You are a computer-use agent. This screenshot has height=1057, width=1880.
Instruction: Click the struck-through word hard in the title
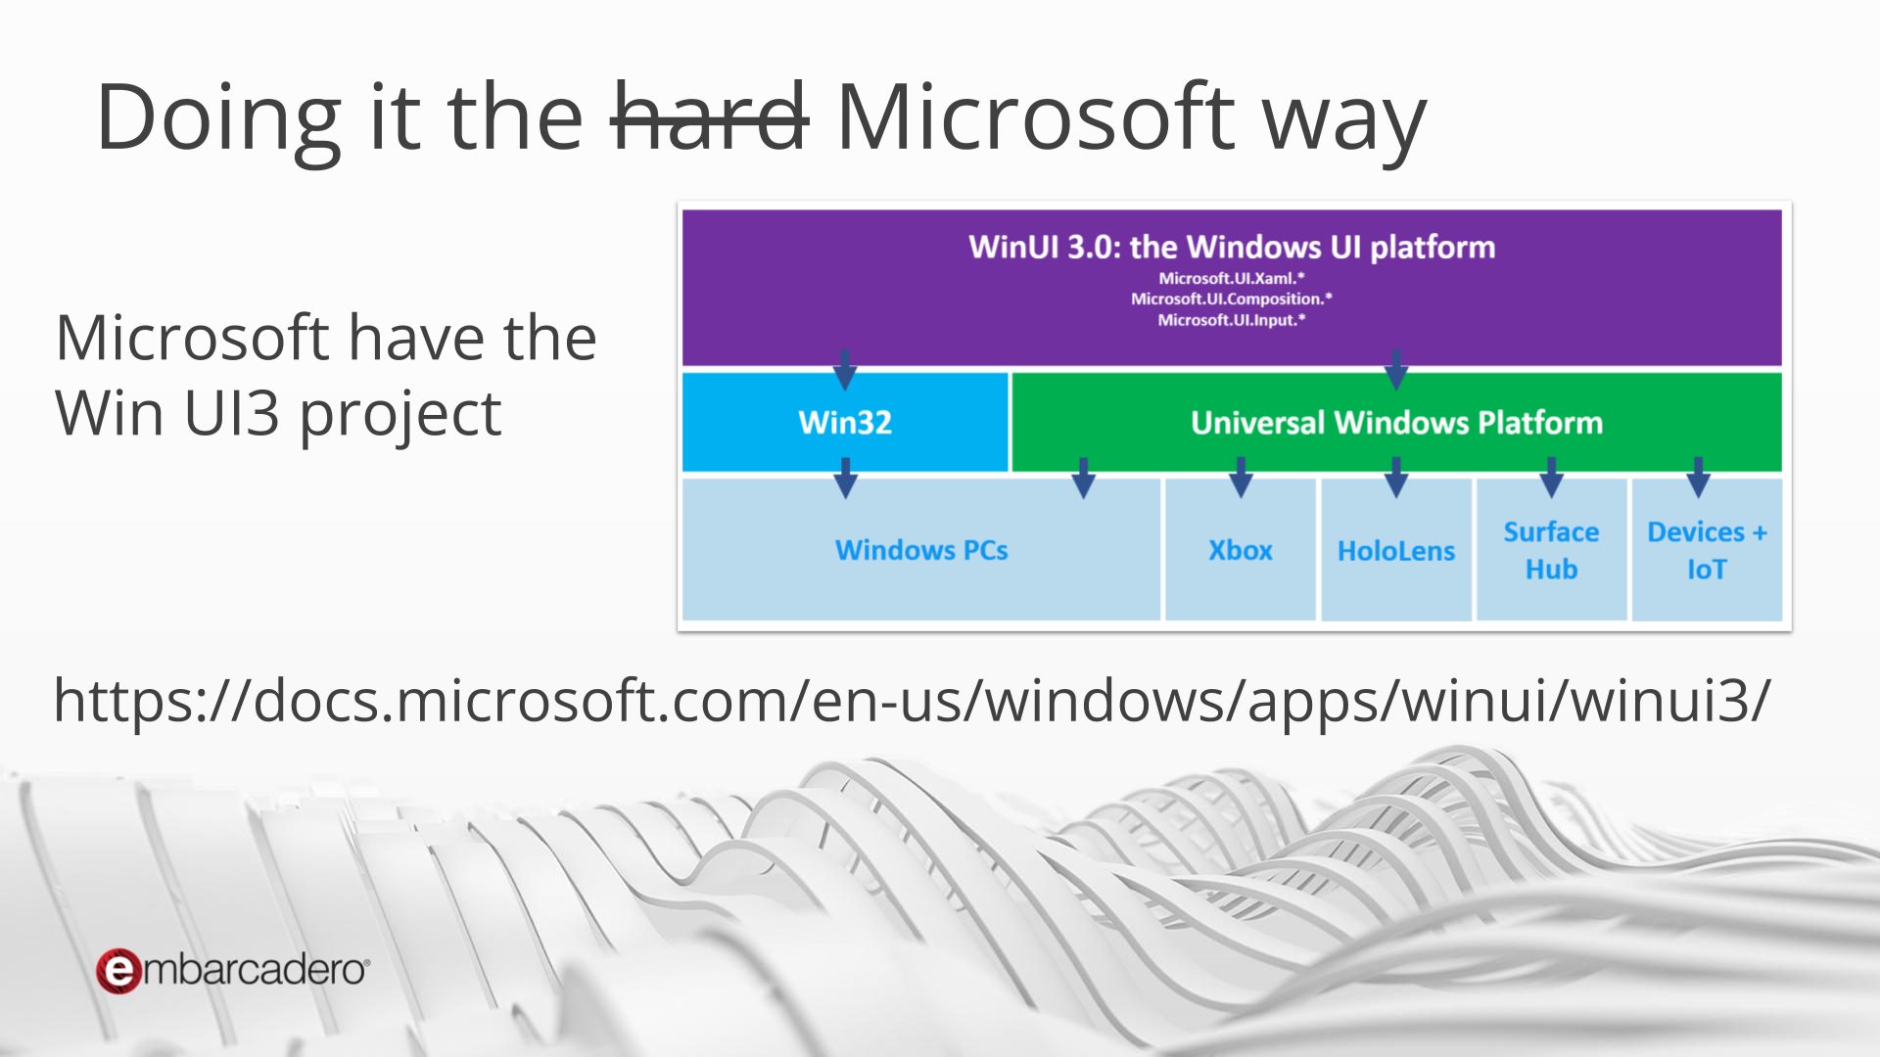click(709, 117)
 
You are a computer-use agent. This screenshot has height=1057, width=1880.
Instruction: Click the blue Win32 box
click(845, 422)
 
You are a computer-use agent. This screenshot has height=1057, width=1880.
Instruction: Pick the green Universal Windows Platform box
click(1396, 422)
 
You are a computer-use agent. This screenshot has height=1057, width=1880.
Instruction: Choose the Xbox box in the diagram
click(1241, 549)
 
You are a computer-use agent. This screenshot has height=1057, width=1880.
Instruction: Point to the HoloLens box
click(1396, 549)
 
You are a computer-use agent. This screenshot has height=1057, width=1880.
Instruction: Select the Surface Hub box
click(1551, 549)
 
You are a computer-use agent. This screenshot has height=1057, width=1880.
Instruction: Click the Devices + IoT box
click(1707, 549)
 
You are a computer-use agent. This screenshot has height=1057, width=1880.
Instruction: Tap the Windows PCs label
click(921, 550)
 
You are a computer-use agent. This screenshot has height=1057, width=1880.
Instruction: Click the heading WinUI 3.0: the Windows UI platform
click(1232, 247)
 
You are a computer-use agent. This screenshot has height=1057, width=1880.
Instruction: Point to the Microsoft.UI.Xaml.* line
click(1232, 278)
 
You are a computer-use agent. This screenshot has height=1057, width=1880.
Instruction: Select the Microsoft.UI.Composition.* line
click(1232, 299)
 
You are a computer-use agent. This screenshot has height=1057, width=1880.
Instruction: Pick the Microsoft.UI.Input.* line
click(1232, 320)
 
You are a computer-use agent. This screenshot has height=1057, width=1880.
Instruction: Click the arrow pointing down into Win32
click(845, 369)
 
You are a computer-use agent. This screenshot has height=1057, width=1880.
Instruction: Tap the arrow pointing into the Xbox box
click(1241, 477)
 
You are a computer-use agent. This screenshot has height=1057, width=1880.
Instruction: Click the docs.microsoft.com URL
click(912, 701)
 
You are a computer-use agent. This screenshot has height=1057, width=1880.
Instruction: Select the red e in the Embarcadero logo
click(118, 971)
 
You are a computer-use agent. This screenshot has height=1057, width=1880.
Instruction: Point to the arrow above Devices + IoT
click(1699, 477)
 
